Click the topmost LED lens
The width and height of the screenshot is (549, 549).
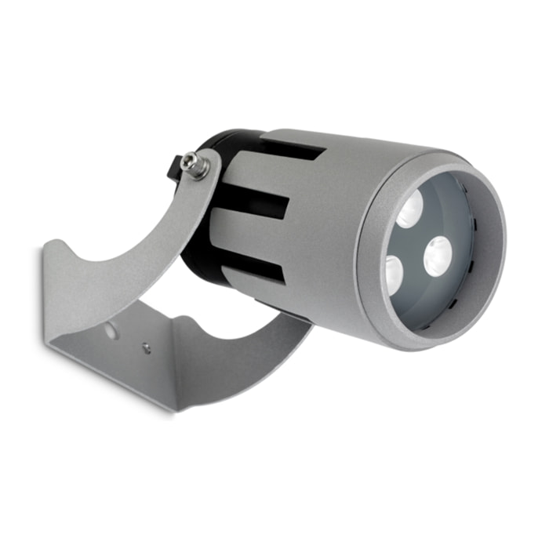[x=409, y=210]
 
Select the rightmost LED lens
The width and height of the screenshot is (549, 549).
[x=437, y=256]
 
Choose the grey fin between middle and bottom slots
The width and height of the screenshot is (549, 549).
[x=251, y=235]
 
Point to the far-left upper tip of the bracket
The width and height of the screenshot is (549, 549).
[x=49, y=249]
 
